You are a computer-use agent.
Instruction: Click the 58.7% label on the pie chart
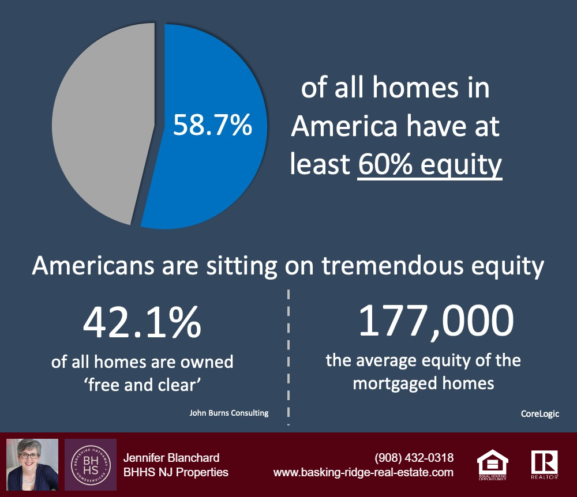[213, 125]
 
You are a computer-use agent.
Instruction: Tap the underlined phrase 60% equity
[430, 165]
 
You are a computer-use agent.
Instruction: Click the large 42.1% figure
[142, 322]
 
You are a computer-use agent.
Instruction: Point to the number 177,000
[436, 321]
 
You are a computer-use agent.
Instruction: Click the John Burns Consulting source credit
[229, 413]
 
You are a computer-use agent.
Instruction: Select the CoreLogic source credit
[540, 413]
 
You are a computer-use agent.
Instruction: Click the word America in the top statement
[344, 126]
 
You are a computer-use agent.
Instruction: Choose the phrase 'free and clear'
[143, 385]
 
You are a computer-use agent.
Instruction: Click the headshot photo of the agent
[32, 464]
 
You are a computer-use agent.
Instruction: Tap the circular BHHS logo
[91, 465]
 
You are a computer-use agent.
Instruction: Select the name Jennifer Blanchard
[171, 458]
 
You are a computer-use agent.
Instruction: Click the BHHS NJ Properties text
[176, 472]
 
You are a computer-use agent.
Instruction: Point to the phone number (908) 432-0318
[414, 458]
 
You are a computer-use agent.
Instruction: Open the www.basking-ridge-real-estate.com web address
[363, 472]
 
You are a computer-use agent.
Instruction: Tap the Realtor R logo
[544, 464]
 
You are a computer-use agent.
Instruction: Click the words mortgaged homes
[423, 383]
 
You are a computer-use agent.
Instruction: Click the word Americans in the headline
[93, 265]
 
